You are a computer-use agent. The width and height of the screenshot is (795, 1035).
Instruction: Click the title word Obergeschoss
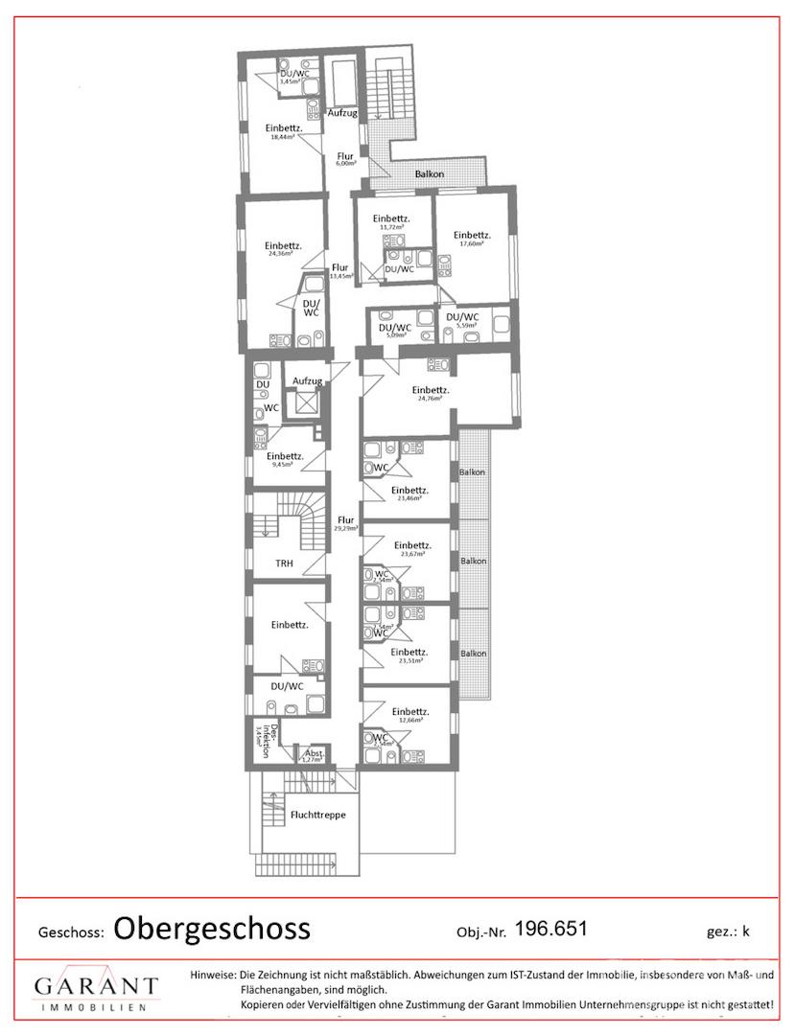point(212,928)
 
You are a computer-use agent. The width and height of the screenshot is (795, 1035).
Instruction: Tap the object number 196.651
point(550,928)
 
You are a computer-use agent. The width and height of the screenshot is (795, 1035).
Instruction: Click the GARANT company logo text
point(96,986)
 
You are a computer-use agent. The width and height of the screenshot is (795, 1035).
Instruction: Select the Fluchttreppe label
point(317,815)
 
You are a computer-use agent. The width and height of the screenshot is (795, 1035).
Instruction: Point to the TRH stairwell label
point(285,563)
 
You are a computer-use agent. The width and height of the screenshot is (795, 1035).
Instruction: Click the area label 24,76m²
point(430,399)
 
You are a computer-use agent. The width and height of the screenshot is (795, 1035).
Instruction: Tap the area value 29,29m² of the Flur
point(345,528)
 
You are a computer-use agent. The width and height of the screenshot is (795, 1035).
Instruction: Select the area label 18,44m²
point(282,137)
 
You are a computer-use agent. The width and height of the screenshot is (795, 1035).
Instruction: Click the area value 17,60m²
point(471,243)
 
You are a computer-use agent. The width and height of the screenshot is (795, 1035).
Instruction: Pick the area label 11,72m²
point(391,227)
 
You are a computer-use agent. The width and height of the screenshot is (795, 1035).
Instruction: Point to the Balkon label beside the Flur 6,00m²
point(429,174)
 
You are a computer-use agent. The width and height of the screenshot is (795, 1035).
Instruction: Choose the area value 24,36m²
point(282,254)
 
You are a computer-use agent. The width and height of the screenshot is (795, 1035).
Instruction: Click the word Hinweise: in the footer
point(213,975)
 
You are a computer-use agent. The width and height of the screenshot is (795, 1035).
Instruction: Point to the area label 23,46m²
point(410,499)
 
